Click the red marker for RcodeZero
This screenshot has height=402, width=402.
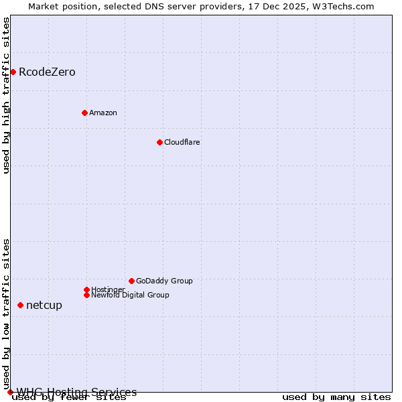13,72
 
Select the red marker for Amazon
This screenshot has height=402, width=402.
84,113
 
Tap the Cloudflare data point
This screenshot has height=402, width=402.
159,142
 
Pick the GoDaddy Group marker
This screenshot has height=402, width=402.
131,281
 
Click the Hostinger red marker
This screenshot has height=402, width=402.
86,289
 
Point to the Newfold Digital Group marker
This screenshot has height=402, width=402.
86,295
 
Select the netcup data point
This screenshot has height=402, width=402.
20,306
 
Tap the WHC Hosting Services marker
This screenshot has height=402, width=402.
10,392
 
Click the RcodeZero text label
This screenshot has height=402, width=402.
47,72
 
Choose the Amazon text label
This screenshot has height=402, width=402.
103,113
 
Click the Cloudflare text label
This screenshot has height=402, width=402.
182,142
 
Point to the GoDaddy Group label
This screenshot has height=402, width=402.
164,281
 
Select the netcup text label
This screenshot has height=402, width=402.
44,306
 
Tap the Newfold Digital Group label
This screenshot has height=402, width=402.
130,295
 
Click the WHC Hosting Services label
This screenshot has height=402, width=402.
76,392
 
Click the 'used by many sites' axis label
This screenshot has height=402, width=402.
336,397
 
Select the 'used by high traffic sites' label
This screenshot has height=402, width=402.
7,95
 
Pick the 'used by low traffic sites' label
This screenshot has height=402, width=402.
7,314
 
